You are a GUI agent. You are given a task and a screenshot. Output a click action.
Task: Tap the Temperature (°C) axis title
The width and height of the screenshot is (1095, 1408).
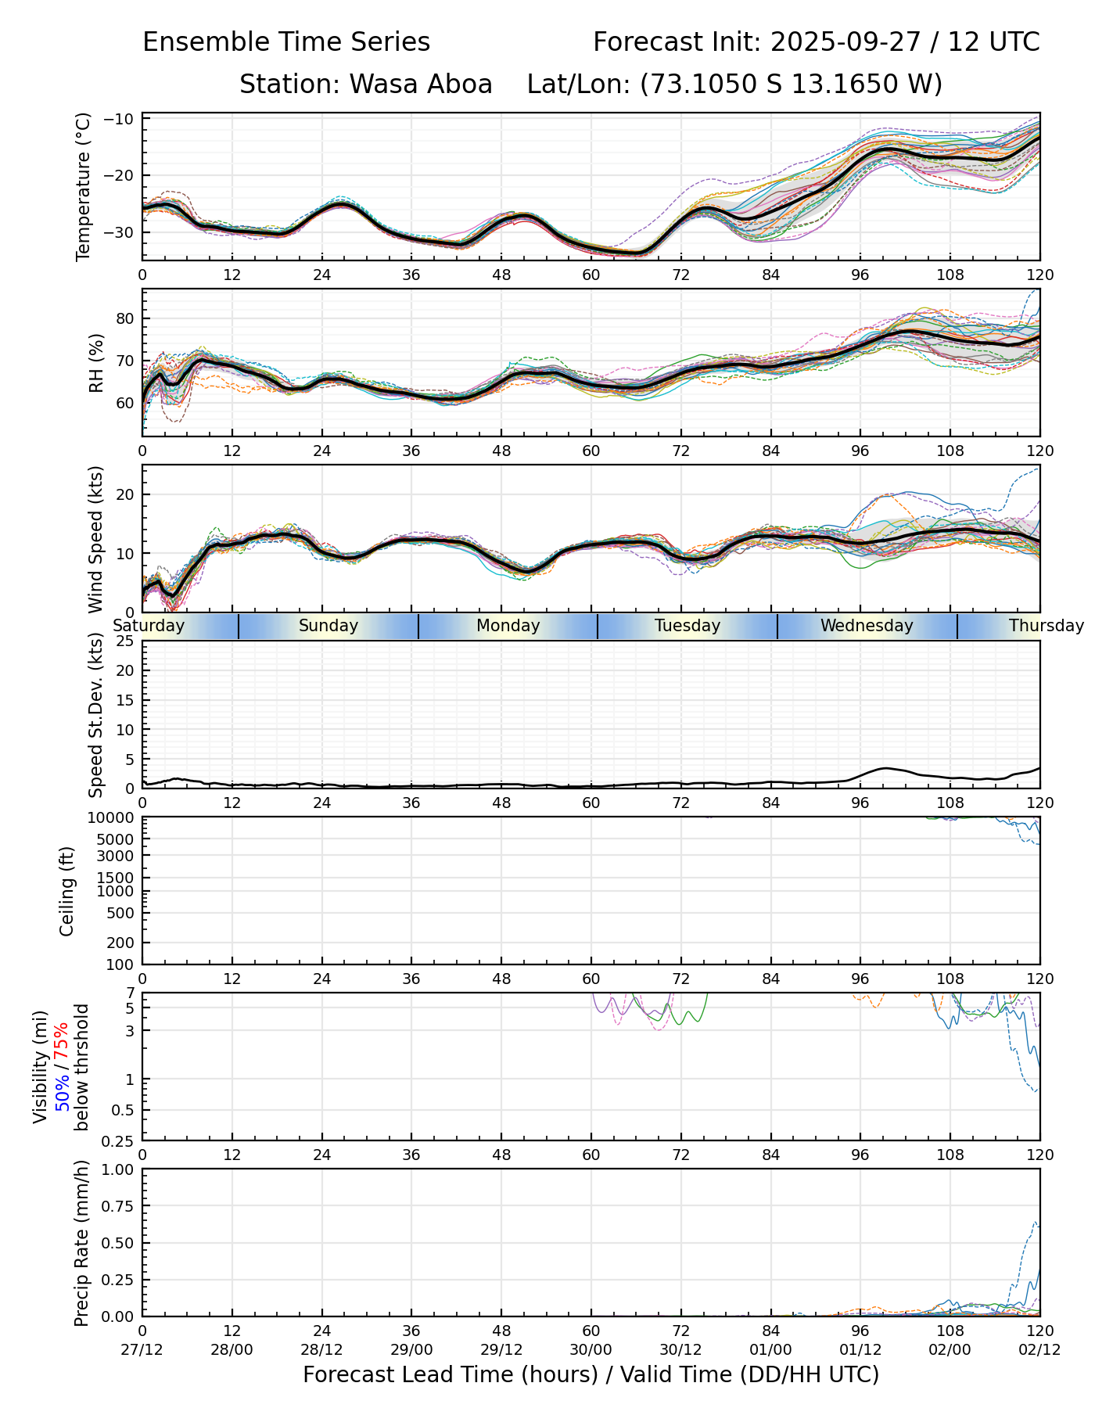(x=84, y=186)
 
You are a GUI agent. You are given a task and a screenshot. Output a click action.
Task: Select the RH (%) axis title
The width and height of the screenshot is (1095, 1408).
(x=96, y=363)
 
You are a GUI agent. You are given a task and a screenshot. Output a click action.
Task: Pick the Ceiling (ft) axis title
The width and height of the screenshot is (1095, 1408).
(x=67, y=891)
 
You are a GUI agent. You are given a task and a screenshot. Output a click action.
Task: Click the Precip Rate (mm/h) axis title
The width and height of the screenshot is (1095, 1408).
(x=81, y=1243)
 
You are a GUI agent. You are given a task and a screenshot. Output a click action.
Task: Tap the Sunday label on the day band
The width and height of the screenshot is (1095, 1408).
(x=328, y=626)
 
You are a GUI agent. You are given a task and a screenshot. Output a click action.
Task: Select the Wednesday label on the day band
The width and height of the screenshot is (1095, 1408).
(x=867, y=626)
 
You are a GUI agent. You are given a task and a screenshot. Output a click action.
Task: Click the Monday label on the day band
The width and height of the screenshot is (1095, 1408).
(x=508, y=626)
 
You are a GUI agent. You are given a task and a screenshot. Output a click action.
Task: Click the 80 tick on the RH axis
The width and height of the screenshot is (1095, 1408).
(x=127, y=318)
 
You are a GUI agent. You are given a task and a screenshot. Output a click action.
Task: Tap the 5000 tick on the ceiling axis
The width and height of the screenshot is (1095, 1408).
(x=117, y=839)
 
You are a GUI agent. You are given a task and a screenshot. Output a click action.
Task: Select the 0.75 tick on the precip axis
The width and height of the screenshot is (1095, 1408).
(x=120, y=1206)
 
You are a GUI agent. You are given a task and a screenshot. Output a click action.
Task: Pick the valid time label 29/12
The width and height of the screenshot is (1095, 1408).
(x=501, y=1349)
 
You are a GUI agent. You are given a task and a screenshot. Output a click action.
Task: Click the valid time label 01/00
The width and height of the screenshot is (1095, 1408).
(x=771, y=1349)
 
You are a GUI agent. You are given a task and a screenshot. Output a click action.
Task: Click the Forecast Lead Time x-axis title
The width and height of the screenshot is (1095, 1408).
(x=591, y=1374)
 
